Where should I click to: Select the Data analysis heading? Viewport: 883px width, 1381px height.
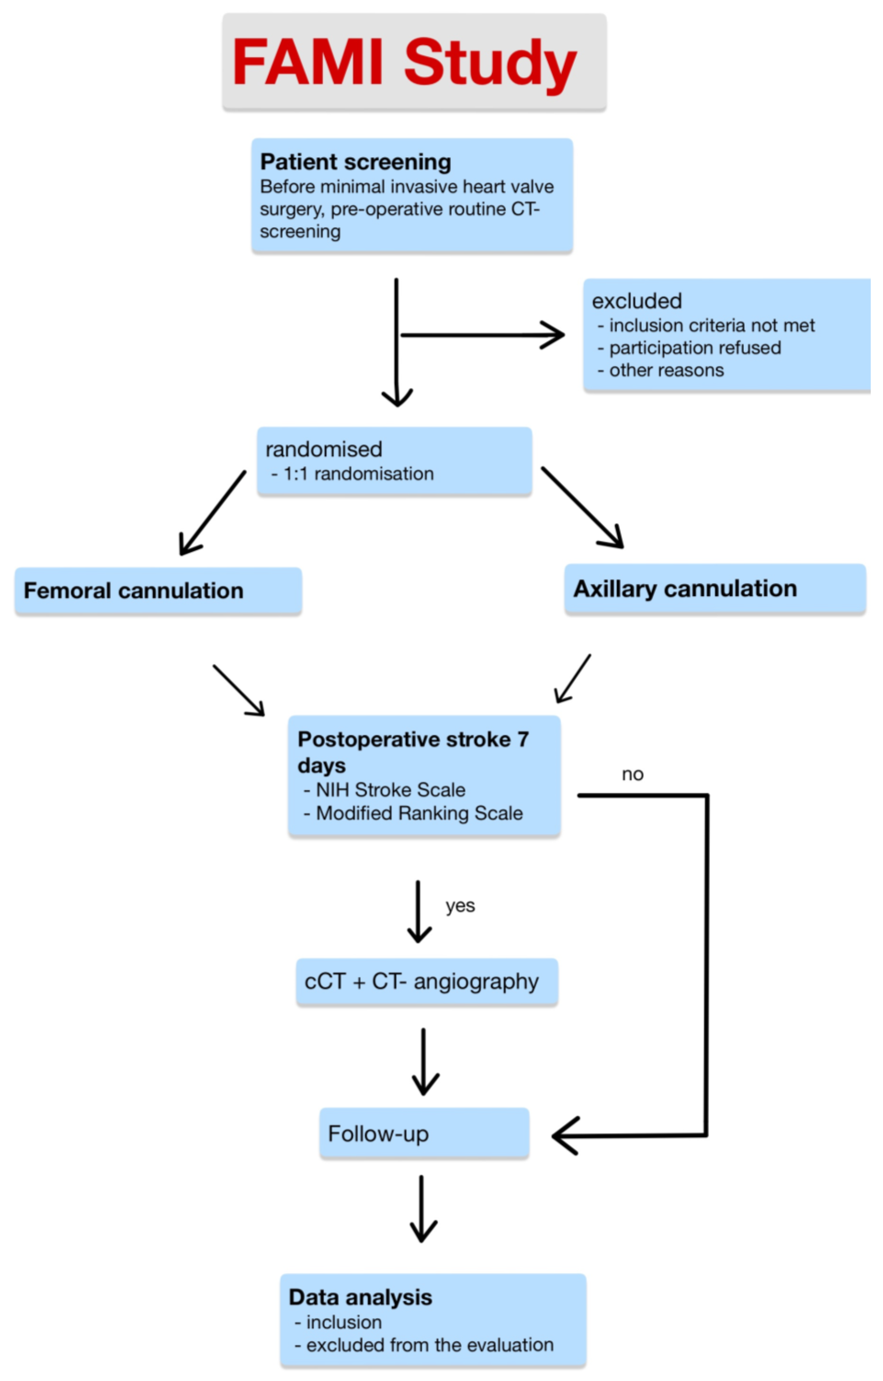click(x=360, y=1297)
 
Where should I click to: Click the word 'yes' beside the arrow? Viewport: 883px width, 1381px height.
click(x=460, y=906)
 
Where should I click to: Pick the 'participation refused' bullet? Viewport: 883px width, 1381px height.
click(x=694, y=348)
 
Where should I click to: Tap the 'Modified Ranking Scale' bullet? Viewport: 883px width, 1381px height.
click(x=419, y=813)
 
